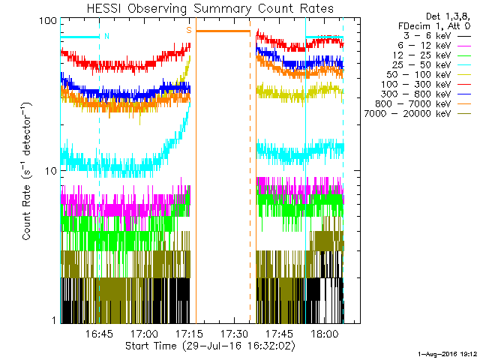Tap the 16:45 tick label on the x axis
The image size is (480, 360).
99,334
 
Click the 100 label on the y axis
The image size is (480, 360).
48,20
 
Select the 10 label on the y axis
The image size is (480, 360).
51,171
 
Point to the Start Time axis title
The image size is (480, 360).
211,346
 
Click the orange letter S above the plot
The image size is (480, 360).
188,30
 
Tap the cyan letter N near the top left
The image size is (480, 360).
106,35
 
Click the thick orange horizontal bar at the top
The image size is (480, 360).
223,31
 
